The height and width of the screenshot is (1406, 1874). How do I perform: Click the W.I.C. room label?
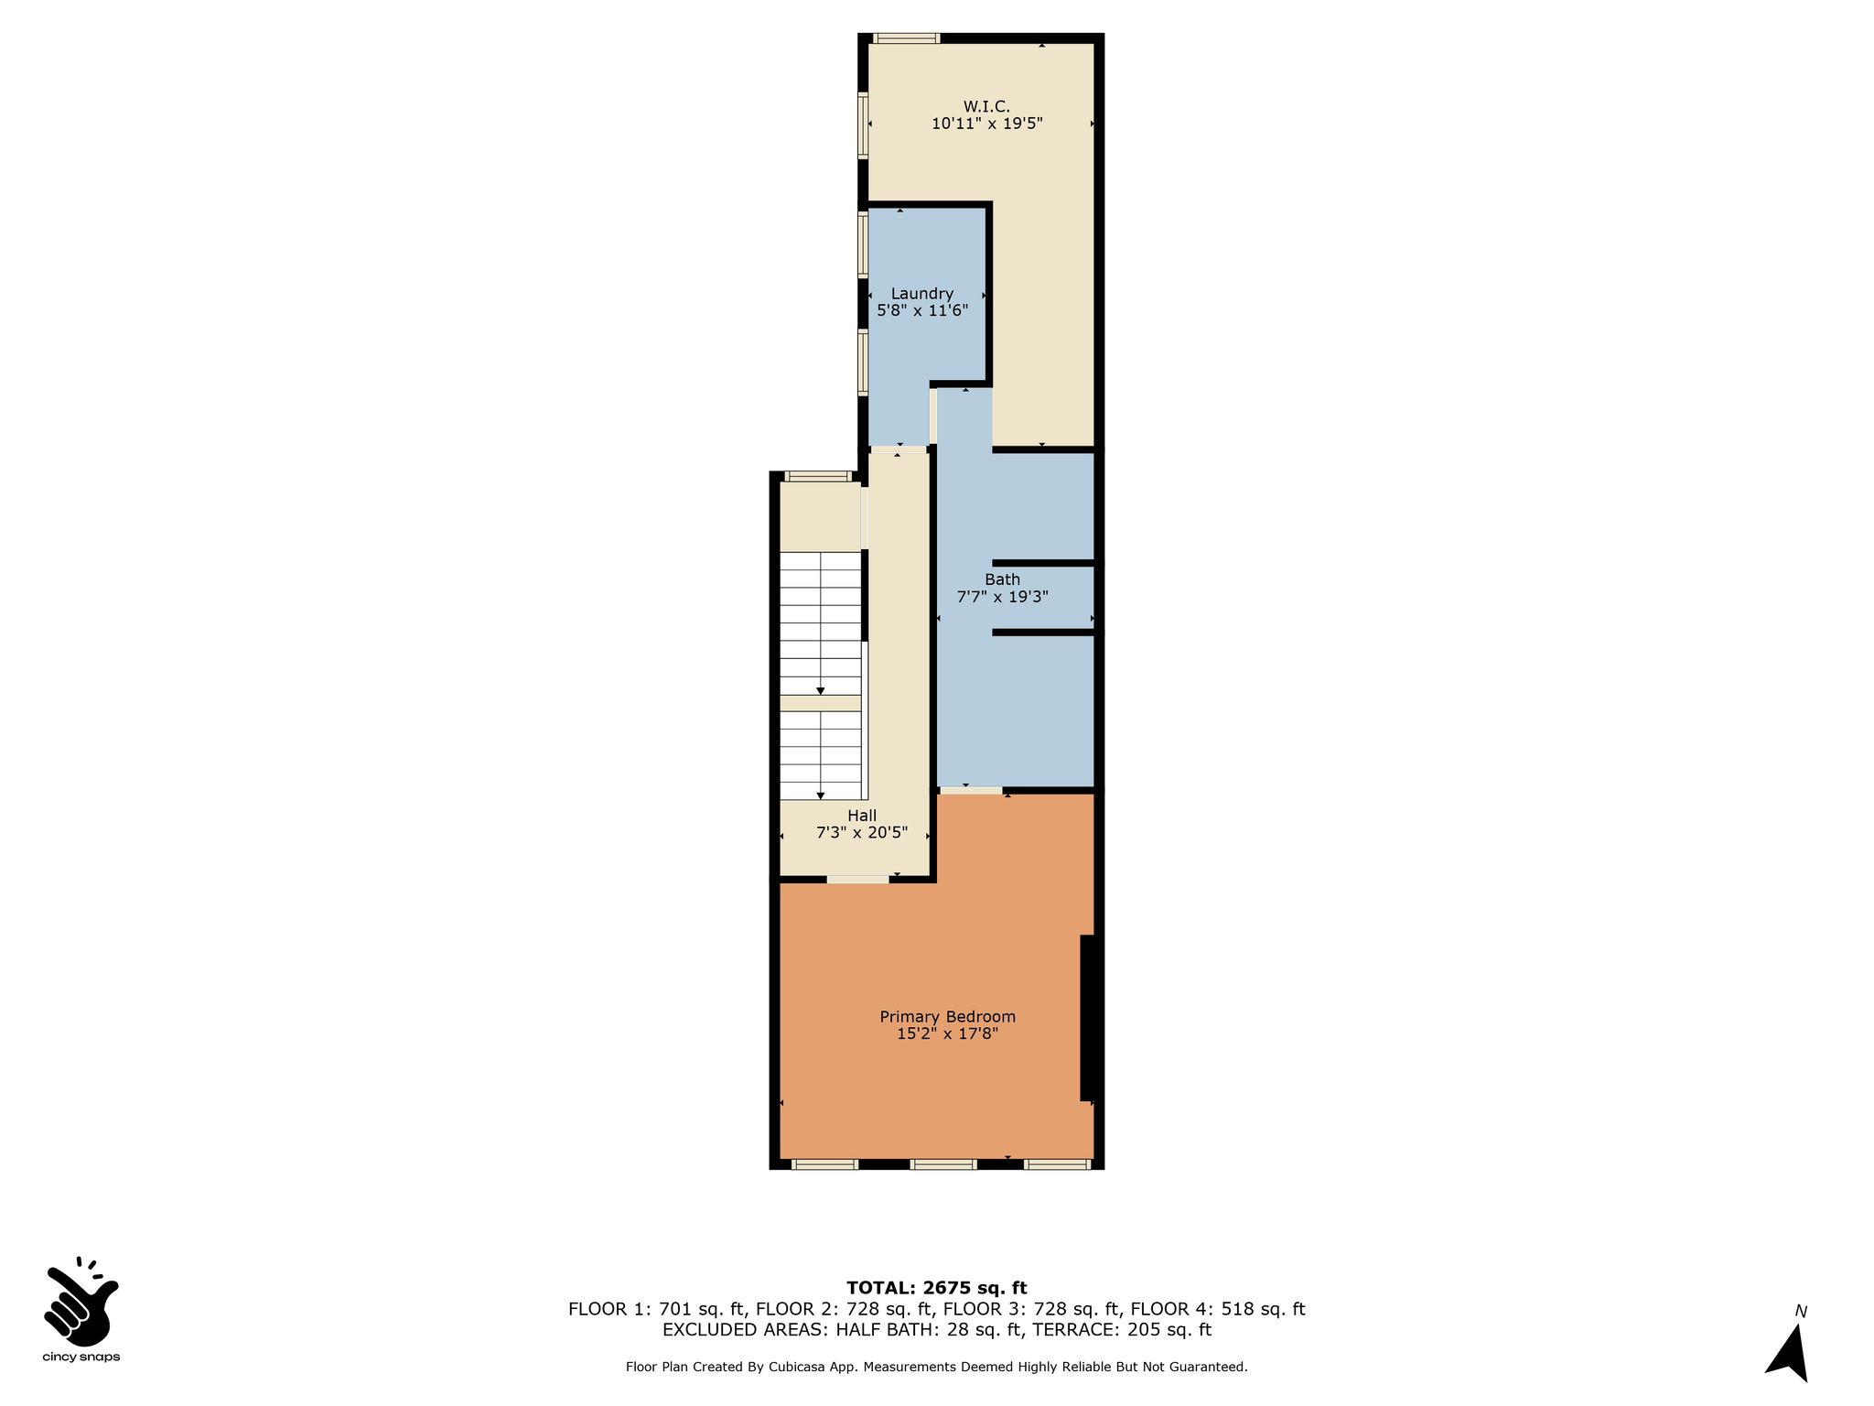[x=986, y=106]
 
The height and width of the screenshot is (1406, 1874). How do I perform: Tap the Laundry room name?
[x=922, y=293]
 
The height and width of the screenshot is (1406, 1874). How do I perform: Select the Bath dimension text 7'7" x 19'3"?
[x=1002, y=597]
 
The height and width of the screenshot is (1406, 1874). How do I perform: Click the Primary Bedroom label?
[x=947, y=1017]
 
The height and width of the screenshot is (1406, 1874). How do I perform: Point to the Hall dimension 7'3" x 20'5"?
[x=862, y=833]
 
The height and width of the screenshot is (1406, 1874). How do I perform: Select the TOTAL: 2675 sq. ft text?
[x=937, y=1288]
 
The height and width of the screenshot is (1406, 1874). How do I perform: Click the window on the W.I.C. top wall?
[x=906, y=38]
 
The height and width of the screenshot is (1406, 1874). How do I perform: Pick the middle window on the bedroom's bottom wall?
[x=942, y=1164]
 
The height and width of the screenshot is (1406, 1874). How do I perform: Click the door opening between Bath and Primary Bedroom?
[x=971, y=790]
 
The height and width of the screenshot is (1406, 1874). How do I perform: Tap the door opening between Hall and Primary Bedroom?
[x=857, y=880]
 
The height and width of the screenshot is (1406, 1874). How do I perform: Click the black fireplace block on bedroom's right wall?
[x=1088, y=1018]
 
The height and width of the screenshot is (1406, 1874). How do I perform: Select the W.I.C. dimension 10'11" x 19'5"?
[x=987, y=124]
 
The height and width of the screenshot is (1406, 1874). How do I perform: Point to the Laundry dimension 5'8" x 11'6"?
[x=922, y=310]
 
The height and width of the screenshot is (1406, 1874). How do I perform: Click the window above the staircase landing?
[x=817, y=476]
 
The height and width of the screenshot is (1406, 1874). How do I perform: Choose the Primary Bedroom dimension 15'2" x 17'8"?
[x=947, y=1034]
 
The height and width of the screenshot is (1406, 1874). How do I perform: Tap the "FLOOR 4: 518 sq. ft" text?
[x=1218, y=1309]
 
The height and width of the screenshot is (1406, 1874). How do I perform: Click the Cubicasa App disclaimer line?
[x=937, y=1367]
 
